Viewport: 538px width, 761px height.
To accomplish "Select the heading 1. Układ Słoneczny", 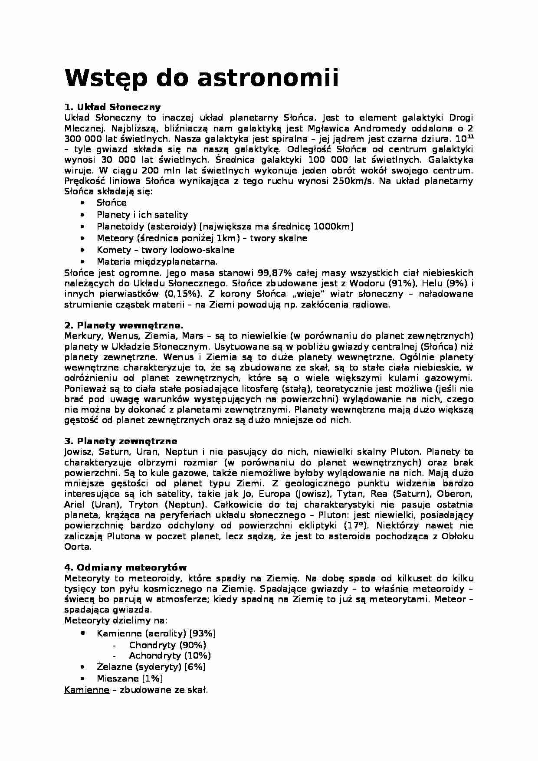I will click(x=112, y=107).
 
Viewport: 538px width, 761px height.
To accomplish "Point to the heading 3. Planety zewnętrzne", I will click(x=121, y=441).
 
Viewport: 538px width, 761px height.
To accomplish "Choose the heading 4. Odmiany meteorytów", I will click(x=125, y=567).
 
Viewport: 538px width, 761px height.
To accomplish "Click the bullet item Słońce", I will click(x=112, y=203).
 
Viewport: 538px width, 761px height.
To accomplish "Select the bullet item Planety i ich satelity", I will click(x=142, y=215).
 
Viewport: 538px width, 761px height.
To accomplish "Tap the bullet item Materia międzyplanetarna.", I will click(x=157, y=262).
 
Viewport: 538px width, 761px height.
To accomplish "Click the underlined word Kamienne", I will click(x=86, y=690).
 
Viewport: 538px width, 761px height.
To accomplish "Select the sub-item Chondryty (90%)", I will click(x=167, y=645).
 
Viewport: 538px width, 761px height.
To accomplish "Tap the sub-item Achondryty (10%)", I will click(x=170, y=656).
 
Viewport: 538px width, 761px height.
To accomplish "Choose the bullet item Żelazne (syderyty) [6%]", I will click(x=151, y=667).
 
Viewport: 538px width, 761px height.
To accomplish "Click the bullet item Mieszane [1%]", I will click(x=130, y=679).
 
